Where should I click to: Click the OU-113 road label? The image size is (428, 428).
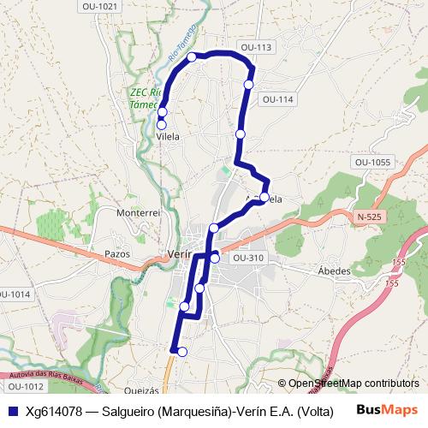(256, 48)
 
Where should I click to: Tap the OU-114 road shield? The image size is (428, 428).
(278, 99)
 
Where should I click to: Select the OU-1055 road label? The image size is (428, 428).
(372, 162)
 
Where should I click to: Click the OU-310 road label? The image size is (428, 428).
(248, 258)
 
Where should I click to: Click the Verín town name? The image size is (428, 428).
(176, 254)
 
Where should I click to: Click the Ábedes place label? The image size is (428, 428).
(334, 271)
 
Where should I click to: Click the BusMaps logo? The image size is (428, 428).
(388, 409)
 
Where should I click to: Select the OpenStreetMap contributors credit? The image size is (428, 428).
(353, 383)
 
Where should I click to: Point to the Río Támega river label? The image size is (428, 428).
(183, 46)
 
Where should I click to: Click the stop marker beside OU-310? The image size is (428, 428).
(215, 258)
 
